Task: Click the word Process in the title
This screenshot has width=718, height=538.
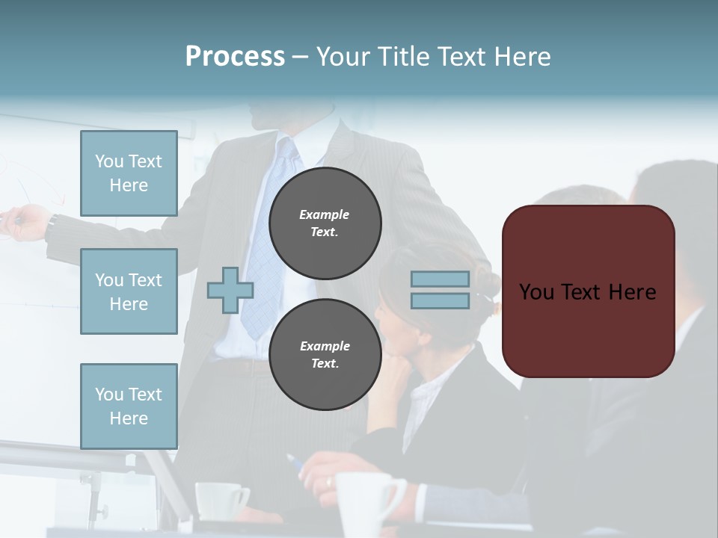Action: [x=235, y=57]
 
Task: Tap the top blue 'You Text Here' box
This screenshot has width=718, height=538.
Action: [x=129, y=173]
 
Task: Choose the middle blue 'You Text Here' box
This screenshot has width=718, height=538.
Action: [x=129, y=291]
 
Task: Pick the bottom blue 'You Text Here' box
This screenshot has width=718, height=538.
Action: [x=129, y=406]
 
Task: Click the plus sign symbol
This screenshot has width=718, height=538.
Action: [x=230, y=290]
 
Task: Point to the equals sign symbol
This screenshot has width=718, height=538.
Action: [x=440, y=290]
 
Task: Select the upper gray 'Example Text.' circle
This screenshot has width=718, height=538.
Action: [x=325, y=223]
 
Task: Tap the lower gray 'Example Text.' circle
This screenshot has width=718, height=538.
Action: [x=325, y=354]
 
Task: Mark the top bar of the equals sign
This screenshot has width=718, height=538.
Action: [x=440, y=279]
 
